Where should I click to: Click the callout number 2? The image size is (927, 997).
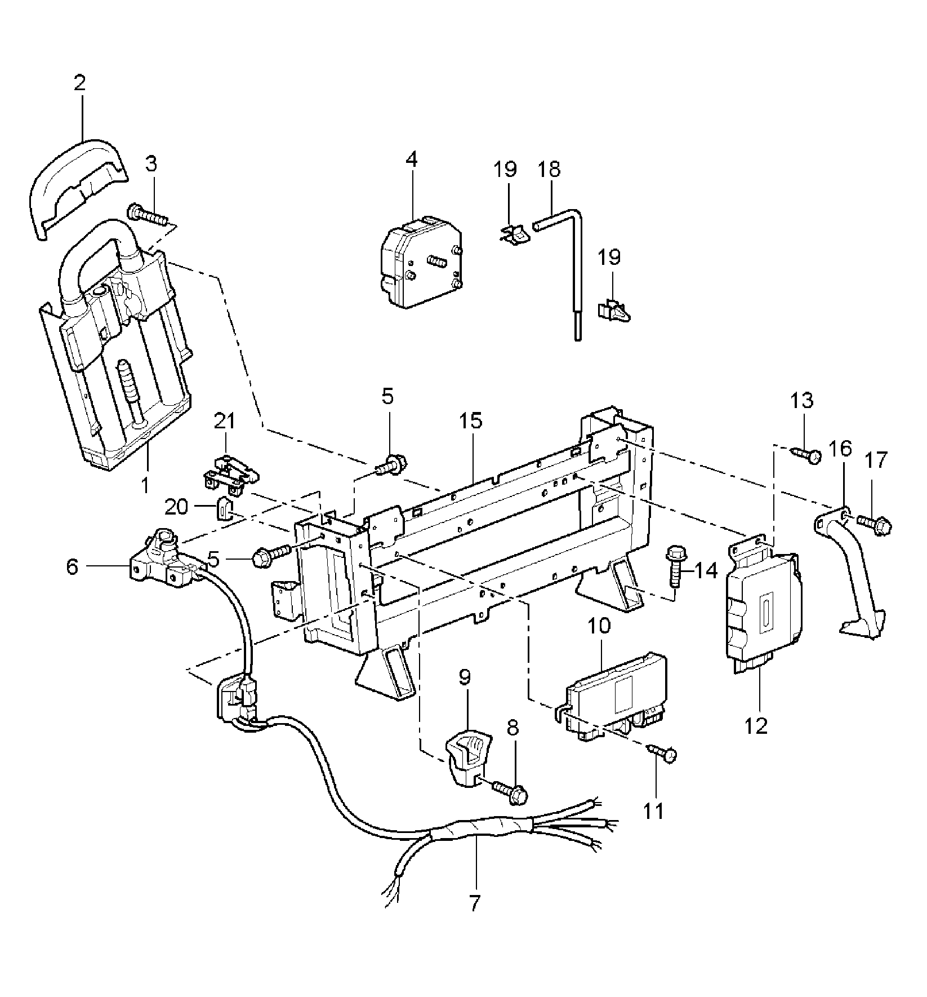tap(79, 83)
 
